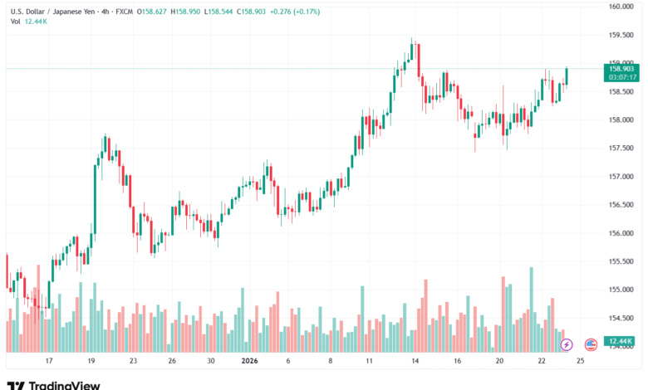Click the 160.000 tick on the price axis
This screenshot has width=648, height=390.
click(x=622, y=7)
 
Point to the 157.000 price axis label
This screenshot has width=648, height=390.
click(x=622, y=177)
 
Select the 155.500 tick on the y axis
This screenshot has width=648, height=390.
click(x=622, y=261)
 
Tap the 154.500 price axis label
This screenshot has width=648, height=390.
click(x=622, y=318)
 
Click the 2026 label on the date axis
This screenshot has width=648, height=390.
click(x=250, y=362)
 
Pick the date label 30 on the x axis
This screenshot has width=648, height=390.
click(x=211, y=362)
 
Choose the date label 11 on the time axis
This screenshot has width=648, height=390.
click(x=368, y=362)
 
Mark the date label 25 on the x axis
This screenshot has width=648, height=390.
click(x=579, y=362)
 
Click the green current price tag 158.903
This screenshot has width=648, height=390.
click(x=622, y=69)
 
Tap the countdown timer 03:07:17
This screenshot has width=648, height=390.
click(x=622, y=77)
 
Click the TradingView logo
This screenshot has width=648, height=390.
click(x=53, y=384)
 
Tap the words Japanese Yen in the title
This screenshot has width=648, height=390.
click(x=66, y=9)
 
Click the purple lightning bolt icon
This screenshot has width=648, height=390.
click(x=567, y=344)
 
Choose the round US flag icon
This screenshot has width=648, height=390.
click(x=591, y=344)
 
